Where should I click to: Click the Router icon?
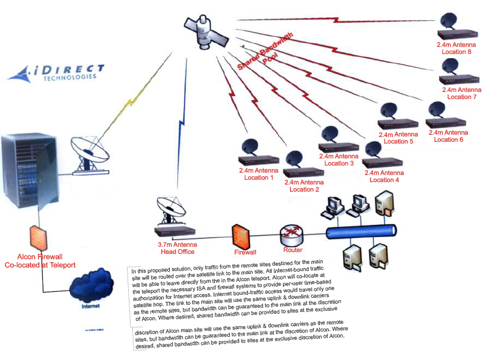292,235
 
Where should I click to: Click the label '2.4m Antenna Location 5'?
398,138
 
